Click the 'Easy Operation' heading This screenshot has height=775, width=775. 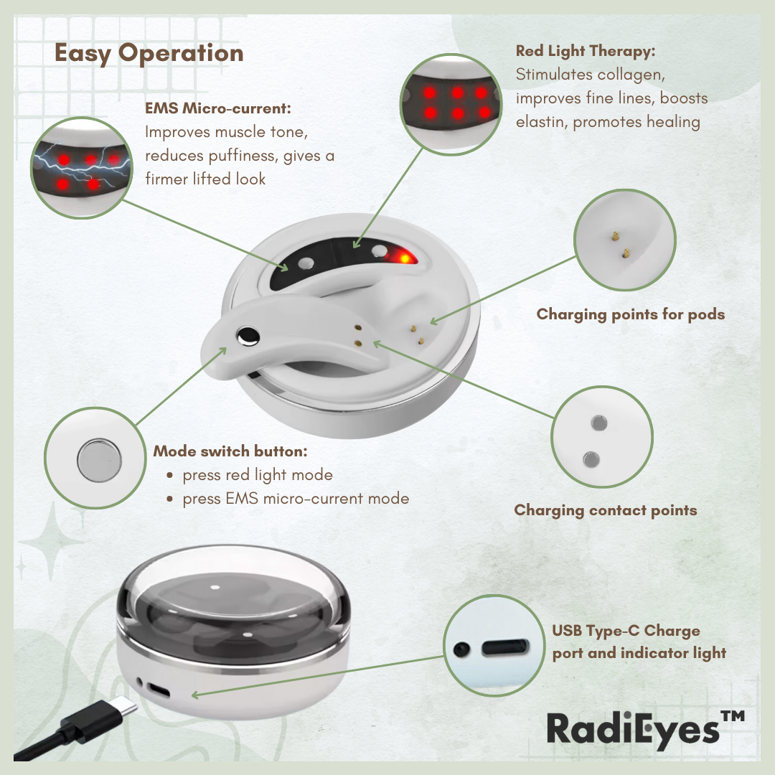point(149,53)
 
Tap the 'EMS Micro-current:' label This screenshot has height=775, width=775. point(218,108)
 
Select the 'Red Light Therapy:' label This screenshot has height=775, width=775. point(586,51)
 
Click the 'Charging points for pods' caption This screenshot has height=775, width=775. point(631,314)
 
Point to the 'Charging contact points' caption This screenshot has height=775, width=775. point(606,510)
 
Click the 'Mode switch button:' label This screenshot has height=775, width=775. point(230,451)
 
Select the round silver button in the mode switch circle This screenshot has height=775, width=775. point(99,460)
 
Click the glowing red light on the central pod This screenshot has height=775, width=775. point(403,257)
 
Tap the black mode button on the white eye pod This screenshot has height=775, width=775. point(248,337)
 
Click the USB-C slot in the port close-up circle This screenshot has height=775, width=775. point(505,647)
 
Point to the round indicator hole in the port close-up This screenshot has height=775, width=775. point(461,649)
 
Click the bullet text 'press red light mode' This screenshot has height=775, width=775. point(258,475)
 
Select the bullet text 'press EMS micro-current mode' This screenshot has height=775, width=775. point(296,498)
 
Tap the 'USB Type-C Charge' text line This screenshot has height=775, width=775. point(626,631)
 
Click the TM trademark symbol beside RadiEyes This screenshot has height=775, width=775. point(732,716)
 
